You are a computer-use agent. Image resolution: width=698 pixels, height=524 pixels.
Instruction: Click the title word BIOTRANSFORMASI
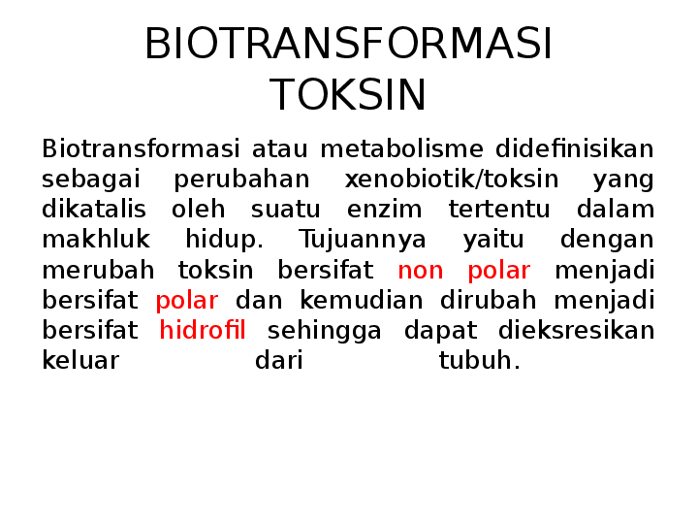tap(348, 45)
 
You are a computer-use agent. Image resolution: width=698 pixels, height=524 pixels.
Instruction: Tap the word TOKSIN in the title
tap(348, 96)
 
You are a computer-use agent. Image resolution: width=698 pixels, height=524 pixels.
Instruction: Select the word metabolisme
tap(401, 149)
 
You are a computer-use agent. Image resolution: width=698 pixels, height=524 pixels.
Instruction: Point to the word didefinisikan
tap(575, 149)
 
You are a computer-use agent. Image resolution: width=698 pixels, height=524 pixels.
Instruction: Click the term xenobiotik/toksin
tap(452, 180)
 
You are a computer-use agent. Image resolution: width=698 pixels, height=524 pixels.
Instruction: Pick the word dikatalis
tap(94, 210)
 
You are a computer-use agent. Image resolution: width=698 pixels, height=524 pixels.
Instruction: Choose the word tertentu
tap(498, 210)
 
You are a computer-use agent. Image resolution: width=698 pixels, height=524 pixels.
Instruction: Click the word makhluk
tap(96, 240)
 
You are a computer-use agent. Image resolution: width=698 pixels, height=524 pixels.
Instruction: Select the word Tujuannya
tap(363, 240)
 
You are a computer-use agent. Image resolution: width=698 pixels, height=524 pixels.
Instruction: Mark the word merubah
tap(98, 271)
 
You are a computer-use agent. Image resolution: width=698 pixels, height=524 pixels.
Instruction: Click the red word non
tap(420, 271)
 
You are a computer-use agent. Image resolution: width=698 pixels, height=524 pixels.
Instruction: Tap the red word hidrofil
tap(203, 331)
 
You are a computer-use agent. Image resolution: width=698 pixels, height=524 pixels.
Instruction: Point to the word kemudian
tap(361, 301)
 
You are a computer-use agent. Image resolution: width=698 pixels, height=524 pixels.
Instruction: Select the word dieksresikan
tap(577, 331)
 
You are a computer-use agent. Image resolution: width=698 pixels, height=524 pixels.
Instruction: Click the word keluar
tap(80, 361)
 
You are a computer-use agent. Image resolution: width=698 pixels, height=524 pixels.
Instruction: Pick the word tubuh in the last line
tap(479, 361)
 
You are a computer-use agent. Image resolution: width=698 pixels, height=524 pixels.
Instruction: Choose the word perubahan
tap(241, 180)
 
